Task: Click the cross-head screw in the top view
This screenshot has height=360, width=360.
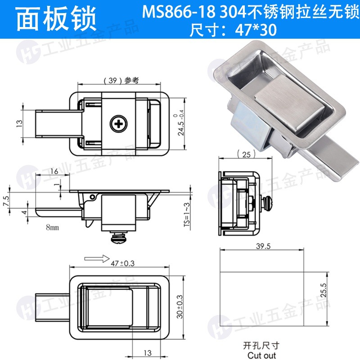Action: pos(118,124)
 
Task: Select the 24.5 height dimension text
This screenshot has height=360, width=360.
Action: pos(181,126)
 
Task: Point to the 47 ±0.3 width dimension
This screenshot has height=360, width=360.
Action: pos(122,263)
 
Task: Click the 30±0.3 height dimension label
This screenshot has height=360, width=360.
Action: pos(180,307)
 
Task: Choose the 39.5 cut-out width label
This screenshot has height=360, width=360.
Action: pos(263,246)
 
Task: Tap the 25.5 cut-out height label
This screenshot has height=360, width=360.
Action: pos(323,290)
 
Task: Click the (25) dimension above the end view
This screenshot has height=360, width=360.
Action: pos(246,154)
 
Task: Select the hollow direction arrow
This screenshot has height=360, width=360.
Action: pos(97,258)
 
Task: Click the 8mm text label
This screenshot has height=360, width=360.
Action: pos(52,227)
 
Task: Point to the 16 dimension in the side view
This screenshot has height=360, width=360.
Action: pos(54,171)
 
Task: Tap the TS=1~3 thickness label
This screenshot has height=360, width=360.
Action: pos(187,215)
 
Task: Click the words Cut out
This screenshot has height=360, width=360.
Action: pos(262,355)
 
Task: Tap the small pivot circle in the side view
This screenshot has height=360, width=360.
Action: pos(92,197)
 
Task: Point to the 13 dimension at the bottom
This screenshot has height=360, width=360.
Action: pos(148,353)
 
